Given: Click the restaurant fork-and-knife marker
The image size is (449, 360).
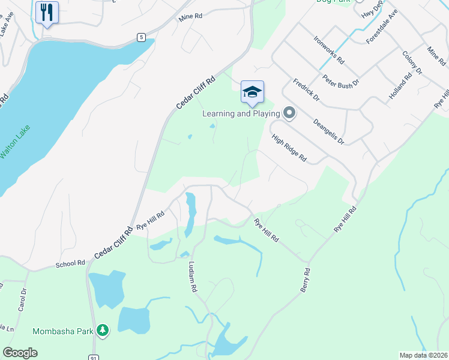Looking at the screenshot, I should click(47, 12).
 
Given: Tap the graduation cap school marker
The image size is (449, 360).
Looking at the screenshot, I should click(253, 92).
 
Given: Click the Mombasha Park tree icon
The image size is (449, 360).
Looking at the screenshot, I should click(103, 330).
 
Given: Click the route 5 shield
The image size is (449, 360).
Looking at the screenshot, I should click(141, 37).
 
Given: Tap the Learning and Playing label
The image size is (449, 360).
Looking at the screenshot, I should click(241, 113).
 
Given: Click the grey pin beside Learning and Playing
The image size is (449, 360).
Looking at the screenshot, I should click(289, 113).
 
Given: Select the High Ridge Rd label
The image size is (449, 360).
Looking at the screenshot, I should click(289, 148).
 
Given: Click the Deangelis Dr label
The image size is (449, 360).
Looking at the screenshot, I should click(328, 131).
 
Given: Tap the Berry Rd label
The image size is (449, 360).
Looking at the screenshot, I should click(306, 281).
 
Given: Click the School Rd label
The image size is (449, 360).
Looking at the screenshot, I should click(70, 263).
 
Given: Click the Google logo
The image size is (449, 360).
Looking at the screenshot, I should click(20, 353).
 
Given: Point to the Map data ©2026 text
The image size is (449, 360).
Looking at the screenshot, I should click(423, 355).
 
